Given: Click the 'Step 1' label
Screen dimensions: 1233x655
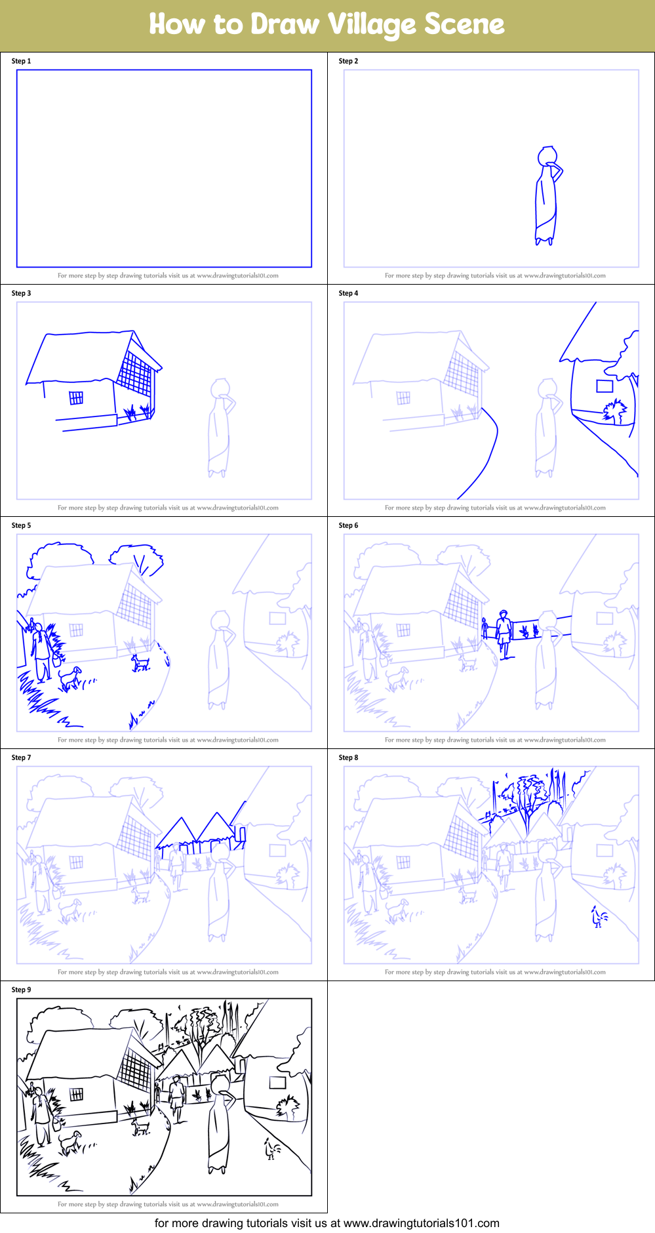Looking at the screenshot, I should point(21,61).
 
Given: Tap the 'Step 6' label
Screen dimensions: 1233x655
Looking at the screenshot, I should point(348,525).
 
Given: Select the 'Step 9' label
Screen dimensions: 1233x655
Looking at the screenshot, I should point(21,990).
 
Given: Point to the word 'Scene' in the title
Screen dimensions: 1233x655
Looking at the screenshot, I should point(464,24).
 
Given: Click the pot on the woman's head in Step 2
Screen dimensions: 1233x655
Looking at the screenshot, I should point(547,155).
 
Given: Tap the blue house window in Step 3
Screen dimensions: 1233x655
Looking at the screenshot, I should point(76,397).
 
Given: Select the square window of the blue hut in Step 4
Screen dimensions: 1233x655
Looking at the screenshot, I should point(605,386).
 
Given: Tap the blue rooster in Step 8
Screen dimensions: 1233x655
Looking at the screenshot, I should point(599,916).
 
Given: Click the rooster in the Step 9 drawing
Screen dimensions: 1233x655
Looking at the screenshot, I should point(271,1148).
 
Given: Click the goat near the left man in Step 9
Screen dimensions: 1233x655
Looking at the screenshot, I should point(69,1142).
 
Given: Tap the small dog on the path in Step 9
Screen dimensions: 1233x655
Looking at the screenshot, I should point(140,1126).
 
